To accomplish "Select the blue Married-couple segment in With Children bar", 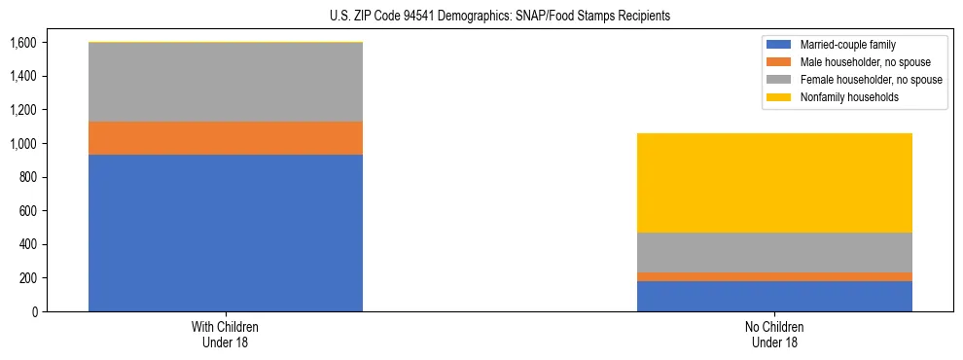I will coord(226,233).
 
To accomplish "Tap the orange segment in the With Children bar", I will coord(226,138).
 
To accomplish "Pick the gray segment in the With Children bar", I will coord(226,83).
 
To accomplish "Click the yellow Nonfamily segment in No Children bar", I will coord(774,183).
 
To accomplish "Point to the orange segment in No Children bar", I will coord(774,276).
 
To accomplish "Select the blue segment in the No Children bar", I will coord(774,296).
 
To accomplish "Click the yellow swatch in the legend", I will coord(779,97).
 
